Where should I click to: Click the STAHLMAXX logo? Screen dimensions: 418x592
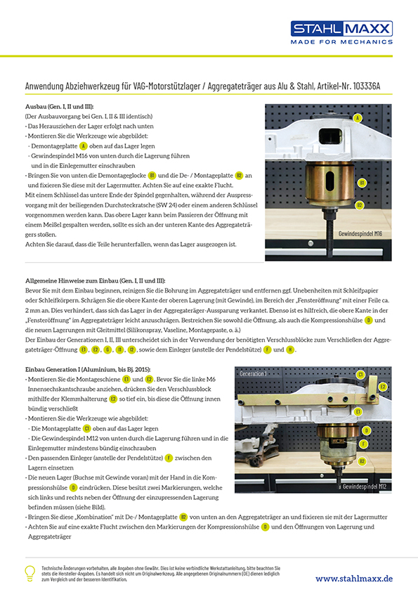(341, 29)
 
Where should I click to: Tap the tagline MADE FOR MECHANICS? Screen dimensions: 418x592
(341, 42)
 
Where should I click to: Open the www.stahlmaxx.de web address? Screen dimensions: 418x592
(354, 579)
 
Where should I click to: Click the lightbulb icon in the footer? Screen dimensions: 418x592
(30, 573)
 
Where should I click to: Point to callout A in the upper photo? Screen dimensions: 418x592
(358, 118)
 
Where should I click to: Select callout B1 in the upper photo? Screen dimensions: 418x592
(362, 183)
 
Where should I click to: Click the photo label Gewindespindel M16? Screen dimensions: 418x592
(360, 233)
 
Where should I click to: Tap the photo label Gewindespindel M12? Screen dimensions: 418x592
(365, 487)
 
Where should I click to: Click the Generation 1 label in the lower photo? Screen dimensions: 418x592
(253, 374)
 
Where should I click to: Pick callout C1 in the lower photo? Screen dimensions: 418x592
(360, 375)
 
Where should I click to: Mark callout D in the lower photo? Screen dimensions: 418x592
(366, 430)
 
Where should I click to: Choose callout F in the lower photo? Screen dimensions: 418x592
(363, 444)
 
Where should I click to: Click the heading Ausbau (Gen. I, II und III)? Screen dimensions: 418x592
(59, 106)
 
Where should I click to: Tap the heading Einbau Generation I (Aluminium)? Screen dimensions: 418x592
(88, 369)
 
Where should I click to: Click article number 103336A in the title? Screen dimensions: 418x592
(366, 86)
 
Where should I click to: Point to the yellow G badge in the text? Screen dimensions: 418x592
(107, 349)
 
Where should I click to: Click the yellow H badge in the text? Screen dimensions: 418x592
(289, 349)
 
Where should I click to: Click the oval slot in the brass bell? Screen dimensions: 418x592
(329, 182)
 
